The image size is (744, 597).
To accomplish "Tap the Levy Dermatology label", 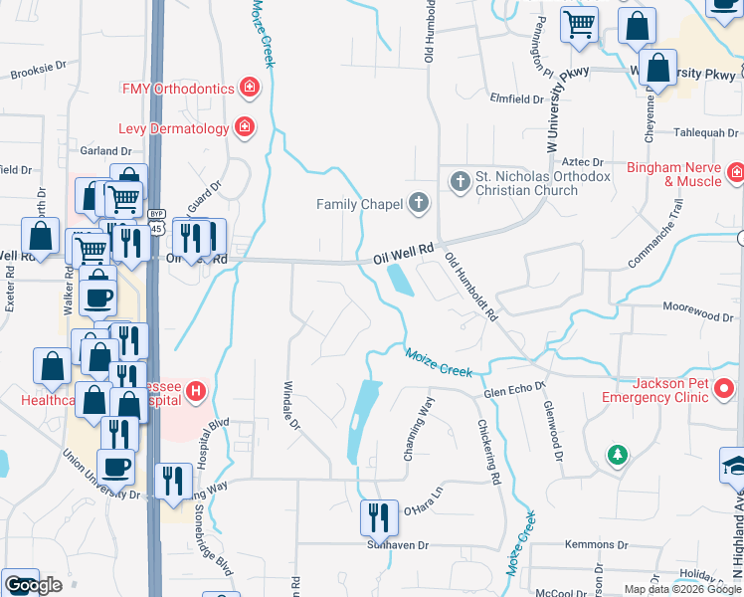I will click(173, 128).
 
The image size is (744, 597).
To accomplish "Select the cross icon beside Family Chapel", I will click(419, 204).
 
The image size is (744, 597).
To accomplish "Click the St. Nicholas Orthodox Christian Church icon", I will click(460, 181).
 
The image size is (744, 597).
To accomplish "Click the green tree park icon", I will click(618, 456).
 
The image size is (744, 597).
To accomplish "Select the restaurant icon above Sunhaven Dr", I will click(379, 516).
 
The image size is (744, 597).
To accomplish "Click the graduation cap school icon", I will click(735, 466).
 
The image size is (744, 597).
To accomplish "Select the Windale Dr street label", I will click(291, 406).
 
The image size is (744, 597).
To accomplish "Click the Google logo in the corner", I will click(33, 585).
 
